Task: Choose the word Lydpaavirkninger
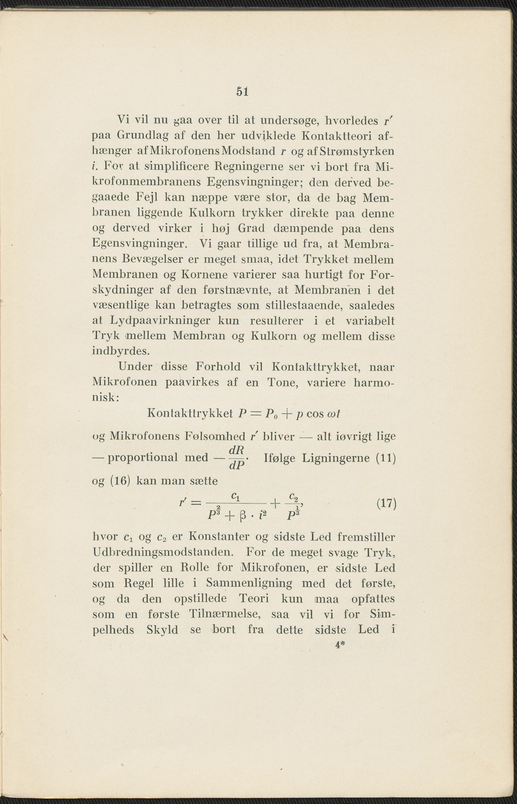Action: coord(160,321)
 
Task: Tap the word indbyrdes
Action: coord(120,351)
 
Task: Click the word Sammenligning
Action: coord(249,583)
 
